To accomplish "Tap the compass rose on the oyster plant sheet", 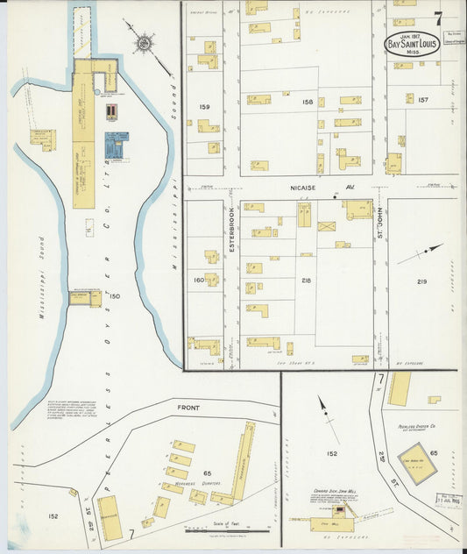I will pyautogui.click(x=141, y=41).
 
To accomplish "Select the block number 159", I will pyautogui.click(x=205, y=108).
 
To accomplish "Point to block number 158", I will pyautogui.click(x=308, y=103).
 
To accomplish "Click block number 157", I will pyautogui.click(x=422, y=100).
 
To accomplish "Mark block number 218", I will pyautogui.click(x=306, y=281).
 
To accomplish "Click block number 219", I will pyautogui.click(x=421, y=281).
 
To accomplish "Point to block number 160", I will pyautogui.click(x=198, y=281).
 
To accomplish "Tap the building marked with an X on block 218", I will pyautogui.click(x=326, y=226).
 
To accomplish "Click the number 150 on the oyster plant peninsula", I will pyautogui.click(x=113, y=296).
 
